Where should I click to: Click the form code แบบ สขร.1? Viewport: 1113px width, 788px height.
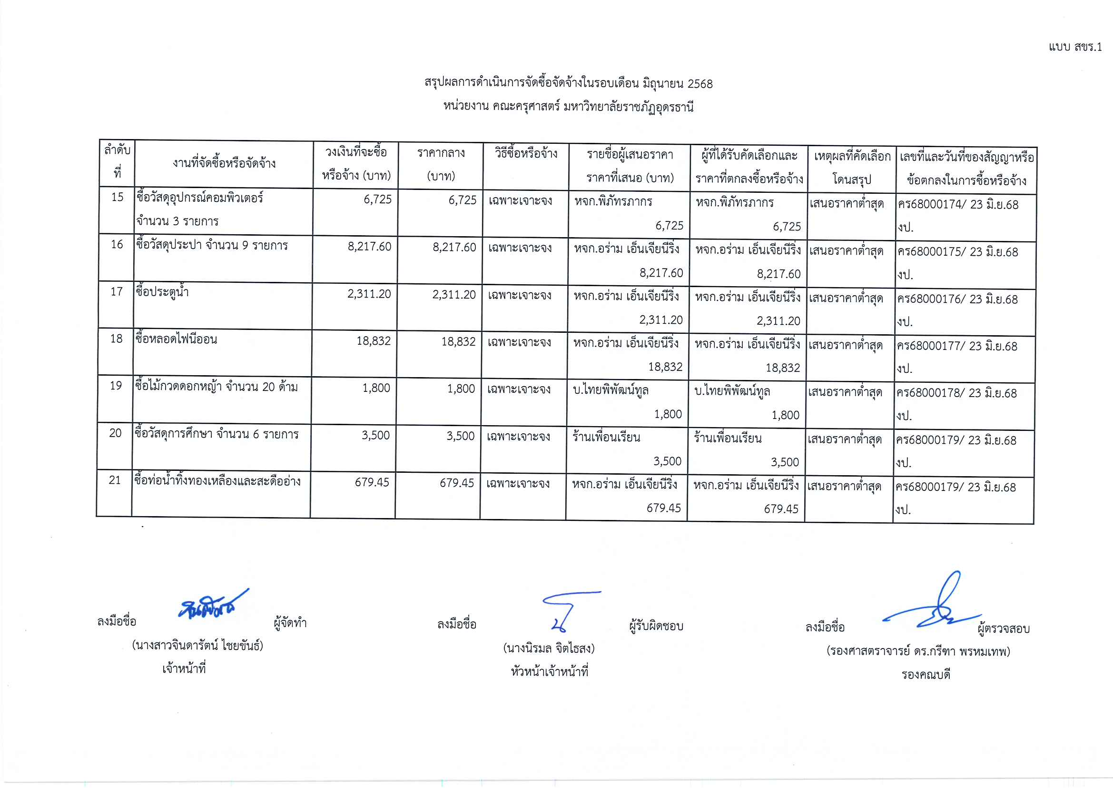pyautogui.click(x=1074, y=47)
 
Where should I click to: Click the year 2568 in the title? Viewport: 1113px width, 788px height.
pyautogui.click(x=700, y=84)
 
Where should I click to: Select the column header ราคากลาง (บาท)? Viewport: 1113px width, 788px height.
pyautogui.click(x=440, y=164)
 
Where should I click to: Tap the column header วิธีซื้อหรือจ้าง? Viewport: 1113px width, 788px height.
pyautogui.click(x=526, y=154)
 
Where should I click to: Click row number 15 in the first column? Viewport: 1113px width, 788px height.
pyautogui.click(x=118, y=197)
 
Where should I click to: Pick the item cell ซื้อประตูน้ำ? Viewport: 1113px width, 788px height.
pyautogui.click(x=162, y=292)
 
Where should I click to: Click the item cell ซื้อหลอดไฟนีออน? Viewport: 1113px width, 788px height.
pyautogui.click(x=176, y=339)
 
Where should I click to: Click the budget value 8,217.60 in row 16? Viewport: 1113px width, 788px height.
pyautogui.click(x=369, y=247)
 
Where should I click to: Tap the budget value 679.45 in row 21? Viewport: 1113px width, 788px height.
pyautogui.click(x=372, y=482)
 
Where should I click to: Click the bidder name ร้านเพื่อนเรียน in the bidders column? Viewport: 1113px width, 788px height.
pyautogui.click(x=606, y=437)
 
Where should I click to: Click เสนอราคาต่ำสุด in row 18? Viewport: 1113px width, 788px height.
pyautogui.click(x=845, y=346)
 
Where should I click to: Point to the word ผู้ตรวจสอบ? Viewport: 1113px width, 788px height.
pyautogui.click(x=1004, y=629)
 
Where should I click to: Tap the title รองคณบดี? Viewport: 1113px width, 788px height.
pyautogui.click(x=926, y=675)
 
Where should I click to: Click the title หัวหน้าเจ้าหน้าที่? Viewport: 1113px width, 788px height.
pyautogui.click(x=549, y=672)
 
